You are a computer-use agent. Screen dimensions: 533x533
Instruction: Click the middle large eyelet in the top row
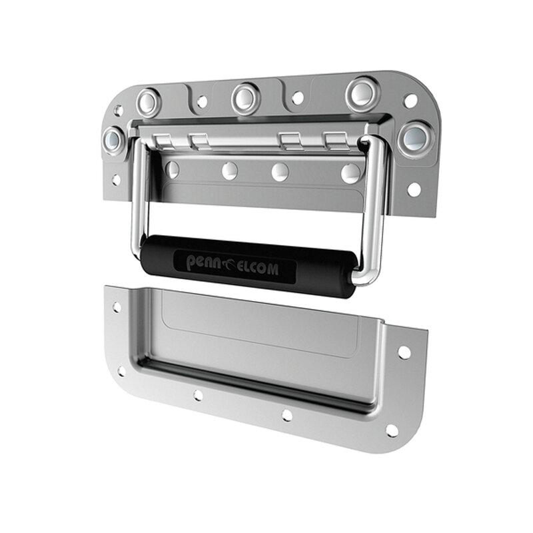pos(246,98)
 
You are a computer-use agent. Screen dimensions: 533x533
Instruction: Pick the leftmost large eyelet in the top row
pos(149,103)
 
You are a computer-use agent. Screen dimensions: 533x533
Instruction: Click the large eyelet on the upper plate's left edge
pos(113,141)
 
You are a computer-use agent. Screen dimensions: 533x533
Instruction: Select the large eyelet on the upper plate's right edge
pos(416,137)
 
